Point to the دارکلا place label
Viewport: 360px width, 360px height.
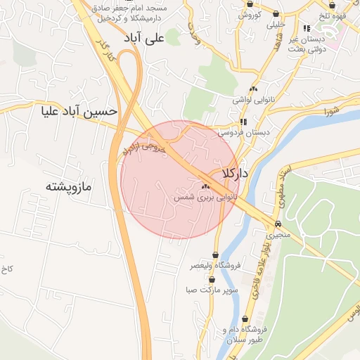(236, 173)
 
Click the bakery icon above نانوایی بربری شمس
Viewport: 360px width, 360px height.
(205, 187)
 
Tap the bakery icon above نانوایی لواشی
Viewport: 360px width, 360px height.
(253, 89)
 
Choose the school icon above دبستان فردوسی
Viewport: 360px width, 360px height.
(243, 121)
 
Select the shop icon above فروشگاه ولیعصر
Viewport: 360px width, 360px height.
(215, 255)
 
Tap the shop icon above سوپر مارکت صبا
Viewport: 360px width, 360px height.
(212, 279)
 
